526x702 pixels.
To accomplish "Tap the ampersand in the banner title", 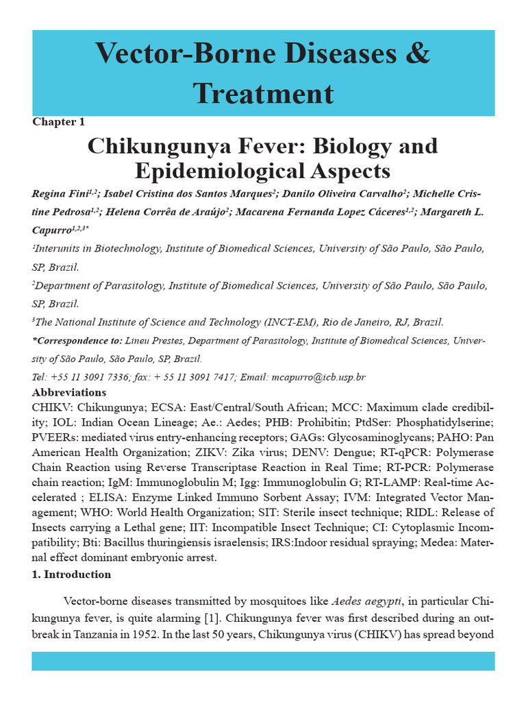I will pos(413,53).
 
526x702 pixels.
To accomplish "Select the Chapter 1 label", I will pos(59,121).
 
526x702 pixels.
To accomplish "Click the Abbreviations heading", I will pos(69,393).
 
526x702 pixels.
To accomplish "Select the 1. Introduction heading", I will pos(71,574).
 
